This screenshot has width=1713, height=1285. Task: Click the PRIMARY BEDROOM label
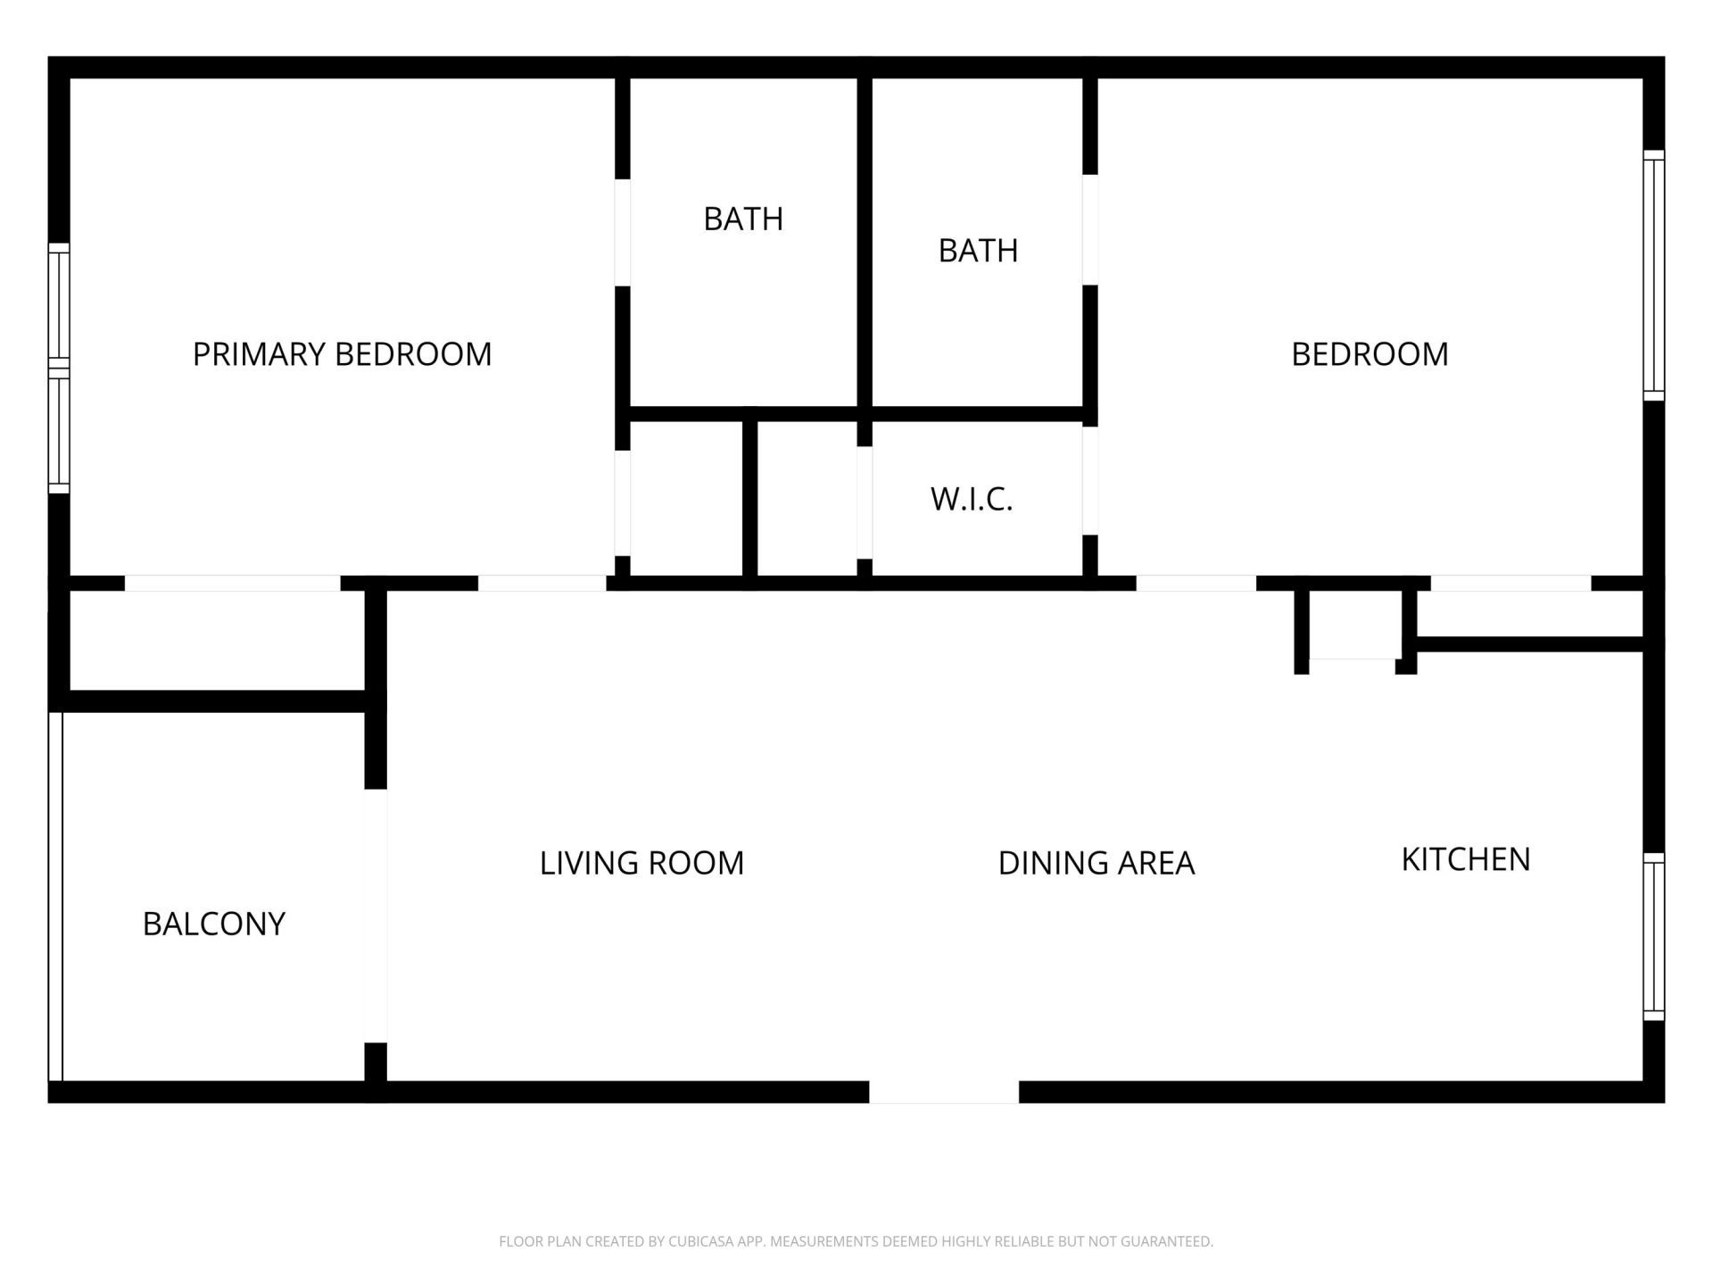[342, 354]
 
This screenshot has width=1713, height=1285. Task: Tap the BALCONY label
[214, 924]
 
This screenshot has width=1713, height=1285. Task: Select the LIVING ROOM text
[641, 863]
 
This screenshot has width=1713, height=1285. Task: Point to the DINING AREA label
[1096, 863]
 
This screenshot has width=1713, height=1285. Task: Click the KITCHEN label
[1466, 859]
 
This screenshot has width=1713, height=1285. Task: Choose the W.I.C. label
[972, 499]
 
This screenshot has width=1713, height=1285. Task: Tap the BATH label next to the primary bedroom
[743, 219]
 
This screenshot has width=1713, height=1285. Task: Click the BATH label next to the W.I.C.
[978, 251]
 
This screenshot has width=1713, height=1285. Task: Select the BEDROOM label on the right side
[1370, 354]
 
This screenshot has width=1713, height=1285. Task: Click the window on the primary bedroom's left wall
[59, 368]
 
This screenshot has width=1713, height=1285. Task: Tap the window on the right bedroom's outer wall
[1653, 275]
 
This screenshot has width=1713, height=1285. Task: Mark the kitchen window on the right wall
[1653, 936]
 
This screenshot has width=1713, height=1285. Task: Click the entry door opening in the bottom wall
[944, 1091]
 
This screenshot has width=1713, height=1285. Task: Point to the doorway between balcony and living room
[376, 916]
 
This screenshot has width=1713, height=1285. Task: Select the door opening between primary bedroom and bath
[623, 232]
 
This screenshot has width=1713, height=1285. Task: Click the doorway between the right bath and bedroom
[1089, 229]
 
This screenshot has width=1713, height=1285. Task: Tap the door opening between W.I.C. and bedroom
[1089, 481]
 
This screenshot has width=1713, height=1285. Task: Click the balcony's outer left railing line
[55, 896]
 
